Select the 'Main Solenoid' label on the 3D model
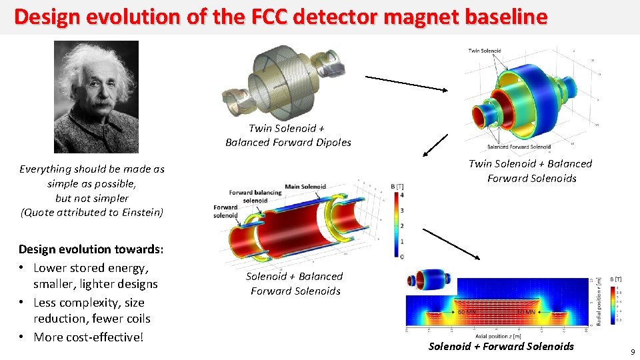pos(305,186)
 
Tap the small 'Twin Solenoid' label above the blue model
pos(485,51)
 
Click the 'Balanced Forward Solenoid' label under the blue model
pos(519,147)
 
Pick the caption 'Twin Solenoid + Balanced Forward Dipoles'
pos(287,135)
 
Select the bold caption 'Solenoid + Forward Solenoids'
pos(501,346)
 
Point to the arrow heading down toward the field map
pos(451,244)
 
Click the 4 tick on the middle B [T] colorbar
pos(400,195)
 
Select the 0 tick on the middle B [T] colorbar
pos(400,256)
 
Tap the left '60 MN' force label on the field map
pos(467,311)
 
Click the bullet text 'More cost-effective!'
pos(88,337)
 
